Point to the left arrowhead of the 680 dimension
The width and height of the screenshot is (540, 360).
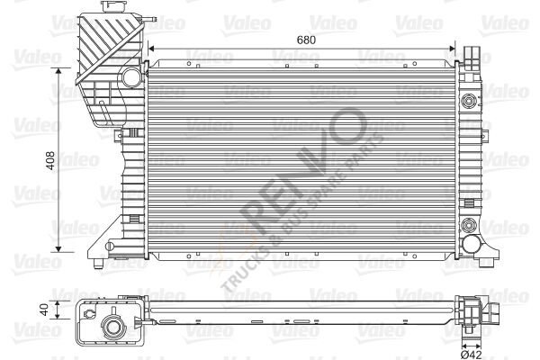click(x=150, y=49)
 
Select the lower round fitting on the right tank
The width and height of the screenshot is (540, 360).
click(x=468, y=225)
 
